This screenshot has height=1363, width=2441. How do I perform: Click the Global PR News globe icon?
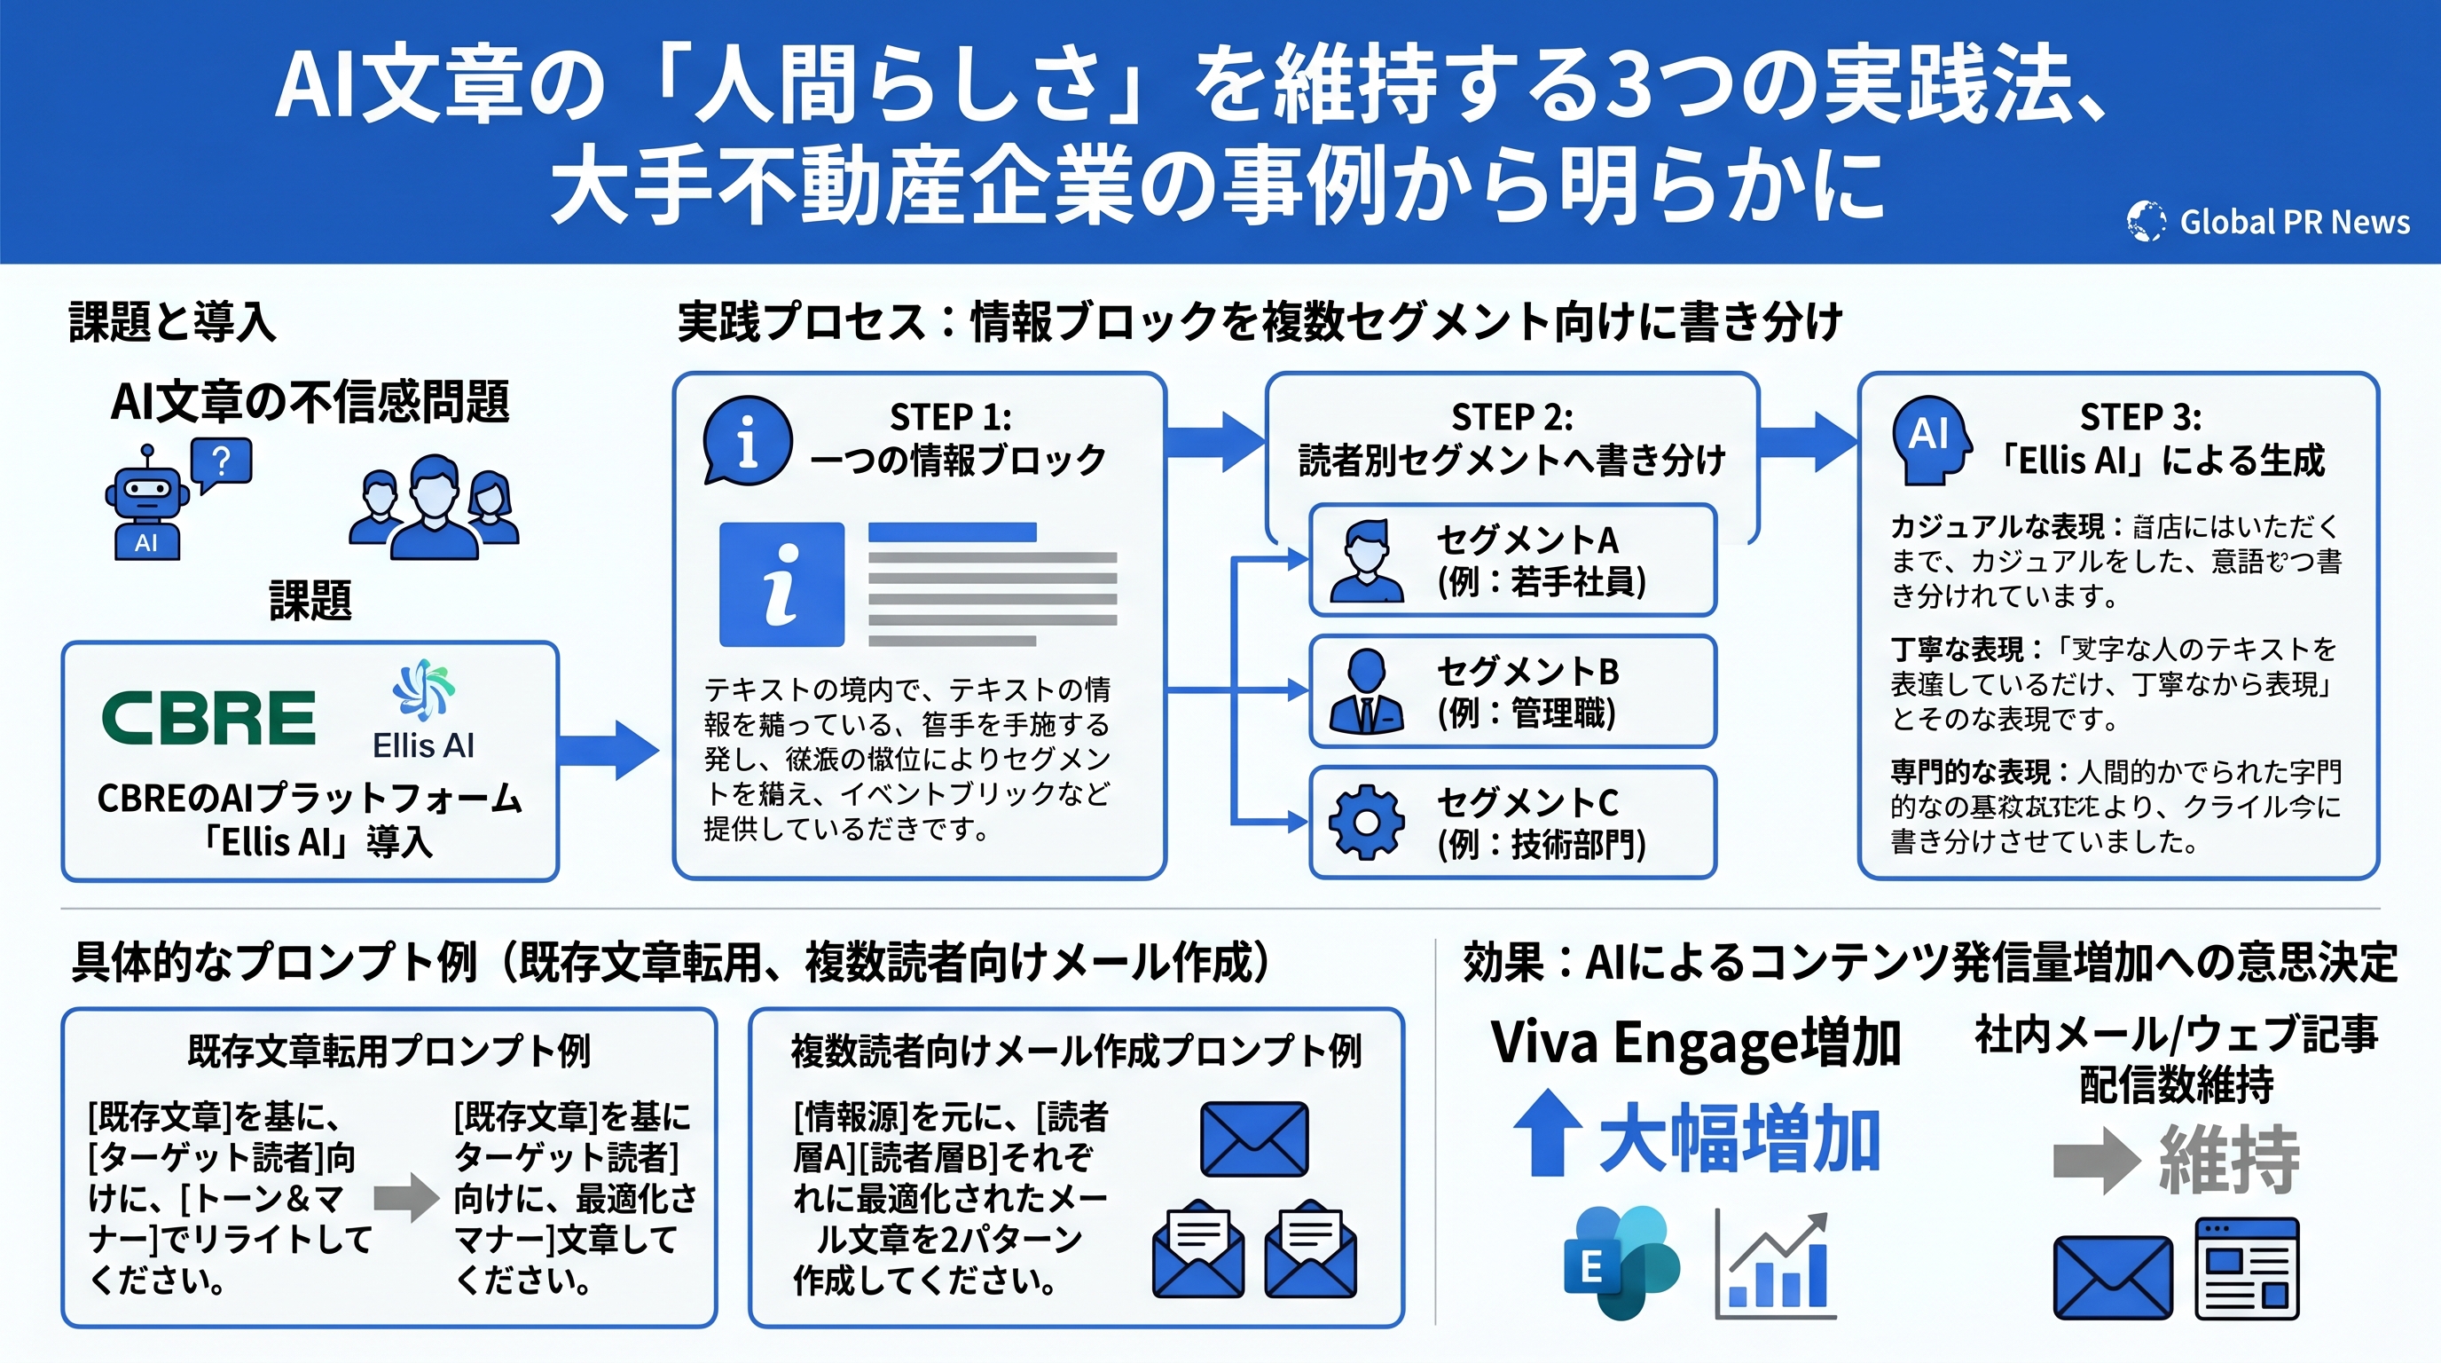tap(2146, 221)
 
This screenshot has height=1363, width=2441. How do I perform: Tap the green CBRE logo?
tap(208, 718)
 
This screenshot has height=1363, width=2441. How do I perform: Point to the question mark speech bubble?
tap(221, 463)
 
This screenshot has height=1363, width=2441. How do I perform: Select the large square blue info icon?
tap(781, 585)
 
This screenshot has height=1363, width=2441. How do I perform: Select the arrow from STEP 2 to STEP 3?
tap(1808, 442)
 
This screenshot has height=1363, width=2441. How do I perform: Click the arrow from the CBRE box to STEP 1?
tap(608, 750)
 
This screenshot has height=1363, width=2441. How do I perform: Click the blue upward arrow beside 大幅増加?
tap(1547, 1132)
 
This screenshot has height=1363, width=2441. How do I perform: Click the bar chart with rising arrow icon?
tap(1775, 1266)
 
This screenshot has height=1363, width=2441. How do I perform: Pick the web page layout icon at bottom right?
tap(2247, 1269)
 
